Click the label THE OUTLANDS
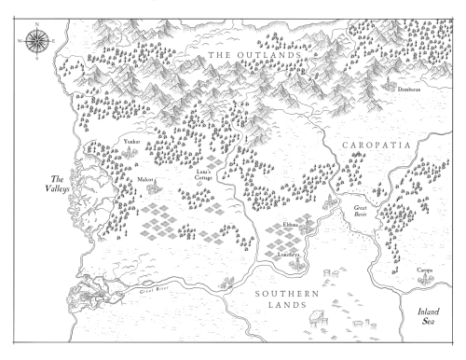coord(254,57)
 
